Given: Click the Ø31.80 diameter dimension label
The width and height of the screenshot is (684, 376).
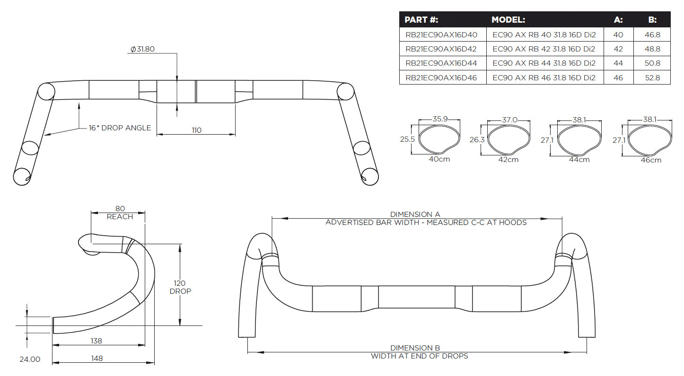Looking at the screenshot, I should [x=142, y=49].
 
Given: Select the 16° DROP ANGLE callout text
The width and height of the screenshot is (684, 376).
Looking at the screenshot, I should [x=120, y=128].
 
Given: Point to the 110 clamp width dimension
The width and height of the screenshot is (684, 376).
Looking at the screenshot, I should [x=196, y=130].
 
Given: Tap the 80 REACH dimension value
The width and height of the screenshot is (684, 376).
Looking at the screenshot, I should [x=120, y=208].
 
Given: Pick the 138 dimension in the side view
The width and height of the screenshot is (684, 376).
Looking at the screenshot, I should [x=96, y=341].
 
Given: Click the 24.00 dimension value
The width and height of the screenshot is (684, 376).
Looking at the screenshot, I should [x=29, y=359].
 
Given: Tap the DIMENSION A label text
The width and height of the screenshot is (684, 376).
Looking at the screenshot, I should [x=415, y=214].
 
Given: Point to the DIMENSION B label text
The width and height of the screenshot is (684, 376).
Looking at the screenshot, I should [x=415, y=348].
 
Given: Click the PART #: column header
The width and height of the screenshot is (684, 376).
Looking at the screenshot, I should [x=421, y=20].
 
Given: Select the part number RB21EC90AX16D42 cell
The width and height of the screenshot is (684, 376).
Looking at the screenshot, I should [x=441, y=49].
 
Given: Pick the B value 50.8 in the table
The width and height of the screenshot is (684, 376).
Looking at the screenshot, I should [x=652, y=63].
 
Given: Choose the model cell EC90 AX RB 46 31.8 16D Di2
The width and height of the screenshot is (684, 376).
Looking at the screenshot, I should [x=544, y=78].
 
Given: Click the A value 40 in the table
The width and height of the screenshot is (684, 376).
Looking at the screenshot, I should [x=618, y=34].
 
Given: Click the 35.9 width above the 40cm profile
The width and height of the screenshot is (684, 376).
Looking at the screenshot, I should [x=440, y=119].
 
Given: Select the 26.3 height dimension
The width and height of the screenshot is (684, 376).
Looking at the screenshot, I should [x=477, y=140].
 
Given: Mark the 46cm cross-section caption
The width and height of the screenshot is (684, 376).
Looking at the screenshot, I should [x=650, y=160].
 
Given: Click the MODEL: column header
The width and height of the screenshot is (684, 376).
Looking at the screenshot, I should [x=508, y=20].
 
